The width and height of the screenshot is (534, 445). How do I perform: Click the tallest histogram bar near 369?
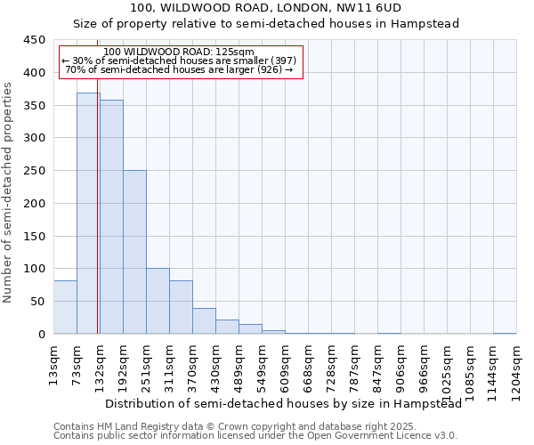click(88, 214)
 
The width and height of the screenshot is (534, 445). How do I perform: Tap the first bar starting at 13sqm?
click(65, 307)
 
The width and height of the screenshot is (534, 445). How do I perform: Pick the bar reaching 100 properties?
click(158, 301)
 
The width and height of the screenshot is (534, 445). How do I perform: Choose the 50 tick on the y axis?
click(37, 302)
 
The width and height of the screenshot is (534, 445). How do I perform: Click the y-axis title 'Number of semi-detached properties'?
click(9, 192)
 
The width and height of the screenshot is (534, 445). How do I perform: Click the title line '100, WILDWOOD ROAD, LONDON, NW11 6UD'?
click(266, 8)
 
